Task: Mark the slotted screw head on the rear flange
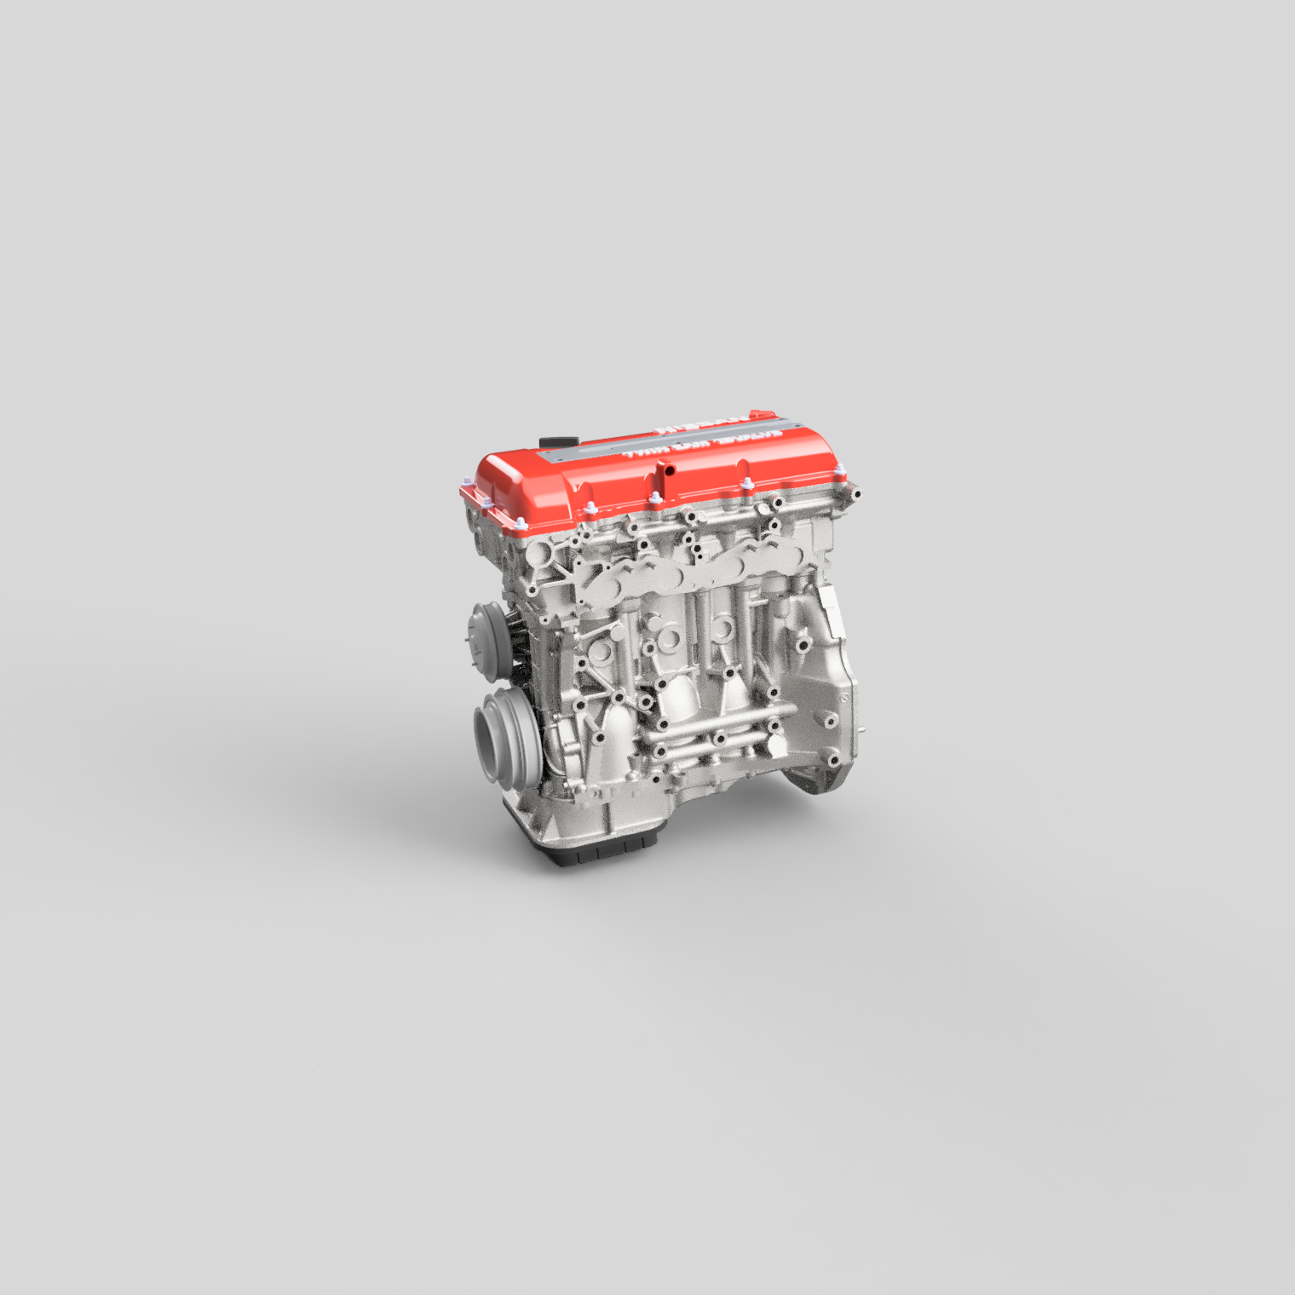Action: [844, 698]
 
